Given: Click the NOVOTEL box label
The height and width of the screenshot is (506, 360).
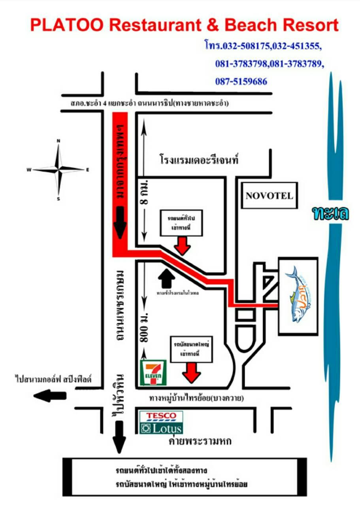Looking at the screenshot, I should click(269, 195).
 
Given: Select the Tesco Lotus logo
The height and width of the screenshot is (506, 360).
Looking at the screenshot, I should click(161, 423).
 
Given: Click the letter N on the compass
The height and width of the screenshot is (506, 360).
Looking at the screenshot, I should click(58, 141).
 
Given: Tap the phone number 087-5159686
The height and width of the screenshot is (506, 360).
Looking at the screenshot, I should click(241, 82).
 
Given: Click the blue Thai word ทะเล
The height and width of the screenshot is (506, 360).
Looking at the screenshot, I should click(330, 213).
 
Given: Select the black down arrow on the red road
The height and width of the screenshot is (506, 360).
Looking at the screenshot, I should click(120, 224).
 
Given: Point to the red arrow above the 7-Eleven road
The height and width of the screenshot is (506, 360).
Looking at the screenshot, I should click(192, 373).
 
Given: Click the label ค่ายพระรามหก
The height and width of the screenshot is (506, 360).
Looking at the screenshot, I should click(200, 441).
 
